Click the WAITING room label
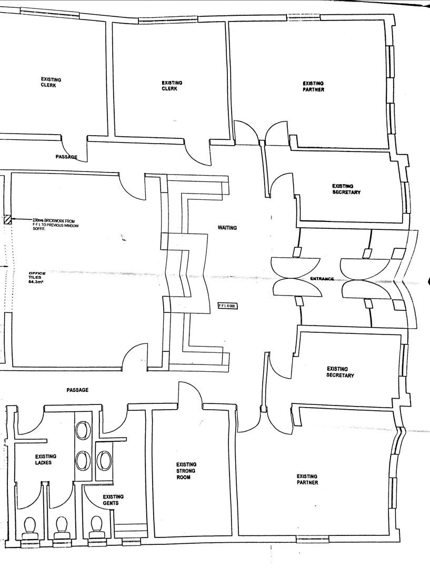tap(227, 228)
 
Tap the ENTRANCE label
tap(322, 279)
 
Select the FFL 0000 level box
tap(228, 306)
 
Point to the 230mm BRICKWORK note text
tap(55, 224)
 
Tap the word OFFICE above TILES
tap(37, 273)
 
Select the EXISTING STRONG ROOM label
tap(186, 471)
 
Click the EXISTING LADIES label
tap(46, 460)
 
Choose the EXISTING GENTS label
tap(113, 500)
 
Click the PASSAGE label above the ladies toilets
tap(77, 390)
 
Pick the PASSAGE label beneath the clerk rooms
tap(66, 157)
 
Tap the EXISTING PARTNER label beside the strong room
tap(307, 479)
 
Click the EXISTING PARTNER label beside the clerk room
tap(313, 86)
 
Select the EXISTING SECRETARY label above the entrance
tap(346, 189)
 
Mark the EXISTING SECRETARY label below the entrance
tap(340, 372)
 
